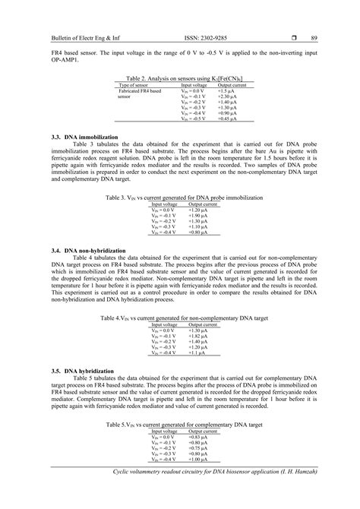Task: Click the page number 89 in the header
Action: click(314, 38)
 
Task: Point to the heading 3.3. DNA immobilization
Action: click(81, 136)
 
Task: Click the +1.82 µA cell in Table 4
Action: click(200, 337)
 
